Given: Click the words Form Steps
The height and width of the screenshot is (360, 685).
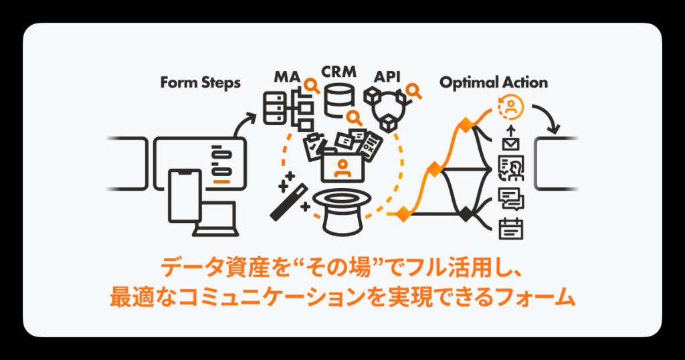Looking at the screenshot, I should click(200, 83).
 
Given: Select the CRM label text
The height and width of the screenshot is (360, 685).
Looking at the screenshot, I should click(338, 71).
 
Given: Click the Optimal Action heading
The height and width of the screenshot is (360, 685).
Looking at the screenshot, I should click(493, 83).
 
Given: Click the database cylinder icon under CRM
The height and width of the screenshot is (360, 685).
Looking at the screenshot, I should click(338, 98).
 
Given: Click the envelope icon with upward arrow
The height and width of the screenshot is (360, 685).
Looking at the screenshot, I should click(511, 139).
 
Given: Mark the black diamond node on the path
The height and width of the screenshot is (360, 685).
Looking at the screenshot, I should click(466, 214).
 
